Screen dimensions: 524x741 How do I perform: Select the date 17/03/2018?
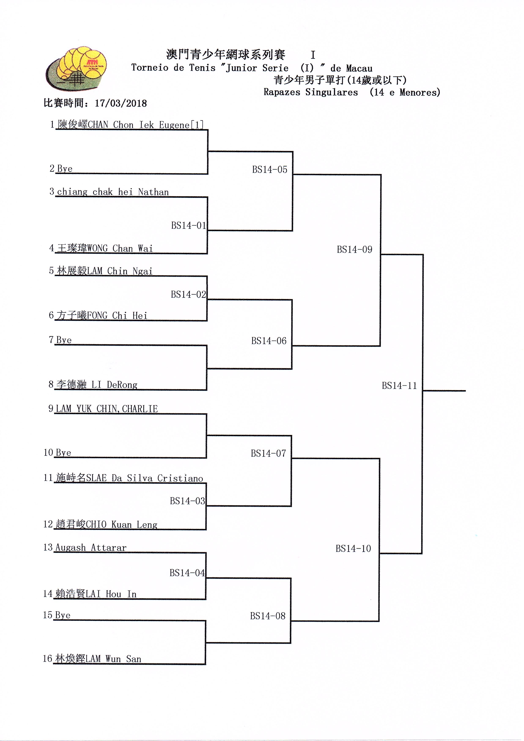[x=121, y=103]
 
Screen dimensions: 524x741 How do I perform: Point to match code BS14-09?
[x=354, y=249]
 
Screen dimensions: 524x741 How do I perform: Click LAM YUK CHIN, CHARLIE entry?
[x=107, y=409]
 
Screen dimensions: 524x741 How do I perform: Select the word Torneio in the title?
[x=150, y=68]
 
